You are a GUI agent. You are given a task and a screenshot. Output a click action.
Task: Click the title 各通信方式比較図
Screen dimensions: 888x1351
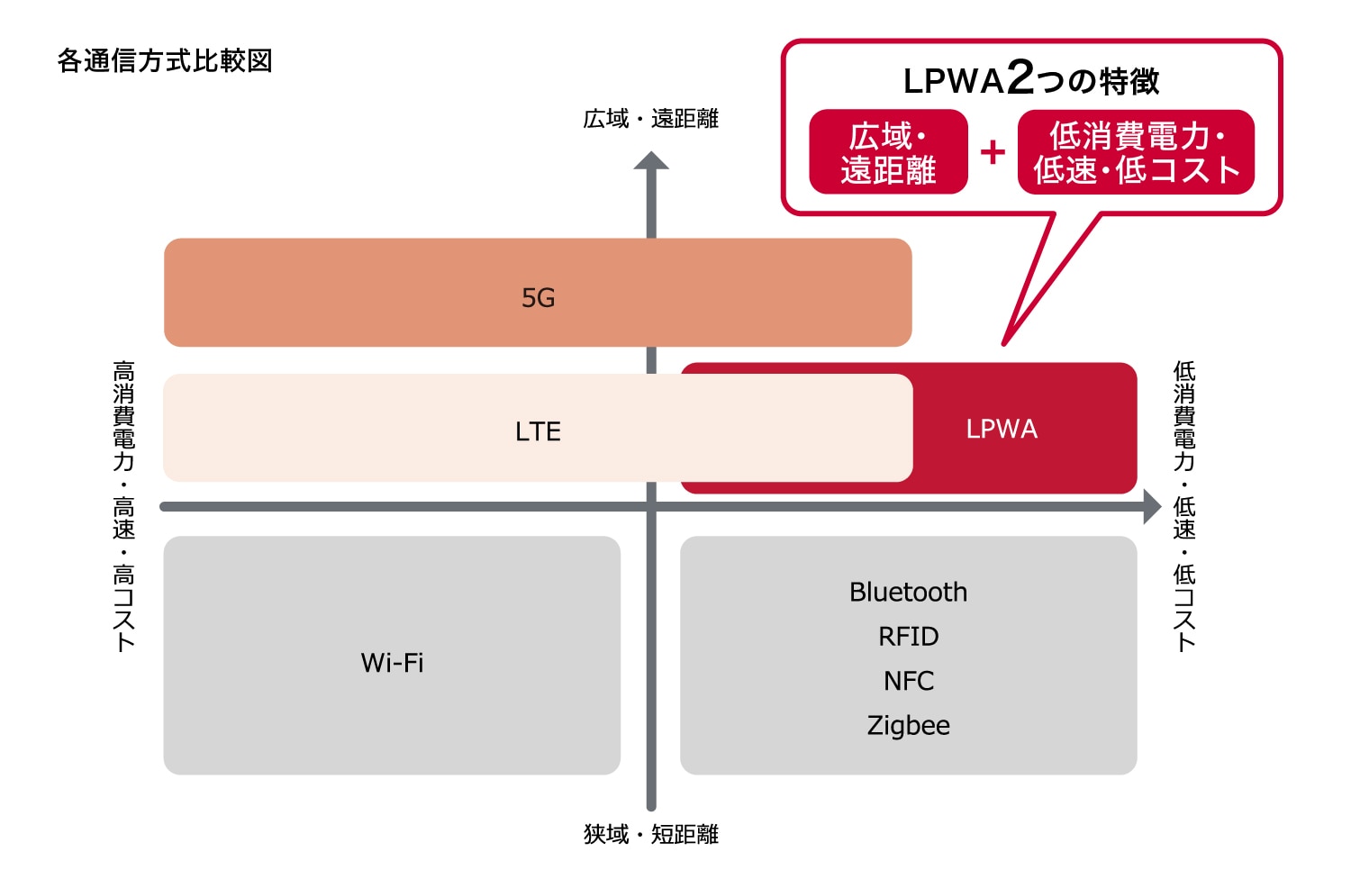tap(165, 61)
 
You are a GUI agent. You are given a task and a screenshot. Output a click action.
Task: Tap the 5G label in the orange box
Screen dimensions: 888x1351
tap(539, 298)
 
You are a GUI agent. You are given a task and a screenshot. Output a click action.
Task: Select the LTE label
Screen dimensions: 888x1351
tap(538, 431)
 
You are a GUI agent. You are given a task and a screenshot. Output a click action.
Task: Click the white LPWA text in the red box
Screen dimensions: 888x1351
tap(1002, 429)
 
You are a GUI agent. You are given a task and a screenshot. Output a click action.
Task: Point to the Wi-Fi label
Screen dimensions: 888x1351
tap(392, 663)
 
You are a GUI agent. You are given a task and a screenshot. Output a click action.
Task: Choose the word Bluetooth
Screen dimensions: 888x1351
tap(908, 592)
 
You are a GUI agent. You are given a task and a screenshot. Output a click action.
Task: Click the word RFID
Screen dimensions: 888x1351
tap(908, 637)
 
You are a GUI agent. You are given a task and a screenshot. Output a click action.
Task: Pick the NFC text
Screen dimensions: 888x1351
tap(908, 681)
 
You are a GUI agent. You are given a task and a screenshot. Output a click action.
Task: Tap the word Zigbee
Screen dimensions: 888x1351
tap(908, 725)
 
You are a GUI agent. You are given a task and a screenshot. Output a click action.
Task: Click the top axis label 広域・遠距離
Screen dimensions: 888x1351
tap(650, 119)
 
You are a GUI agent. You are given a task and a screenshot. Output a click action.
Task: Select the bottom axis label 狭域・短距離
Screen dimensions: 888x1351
tap(650, 835)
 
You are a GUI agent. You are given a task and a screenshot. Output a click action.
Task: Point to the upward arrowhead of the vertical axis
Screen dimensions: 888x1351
tap(651, 161)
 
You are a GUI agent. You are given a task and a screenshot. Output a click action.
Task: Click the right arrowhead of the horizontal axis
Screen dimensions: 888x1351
tap(1152, 506)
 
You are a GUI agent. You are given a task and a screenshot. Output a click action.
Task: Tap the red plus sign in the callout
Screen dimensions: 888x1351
tap(993, 152)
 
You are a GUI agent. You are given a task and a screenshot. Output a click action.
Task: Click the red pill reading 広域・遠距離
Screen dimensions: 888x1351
tap(888, 152)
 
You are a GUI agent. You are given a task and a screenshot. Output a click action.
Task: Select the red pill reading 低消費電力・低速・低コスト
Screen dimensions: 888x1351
tap(1136, 152)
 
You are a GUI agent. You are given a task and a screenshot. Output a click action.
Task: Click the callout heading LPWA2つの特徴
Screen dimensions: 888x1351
tap(1031, 80)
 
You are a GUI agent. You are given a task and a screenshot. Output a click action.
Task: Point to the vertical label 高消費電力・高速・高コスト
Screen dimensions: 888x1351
tap(124, 505)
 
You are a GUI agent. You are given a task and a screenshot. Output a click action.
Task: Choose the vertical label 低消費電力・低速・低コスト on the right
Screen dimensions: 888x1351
tap(1184, 505)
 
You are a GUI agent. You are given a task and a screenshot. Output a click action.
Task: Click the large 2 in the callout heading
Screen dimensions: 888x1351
tap(1020, 77)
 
